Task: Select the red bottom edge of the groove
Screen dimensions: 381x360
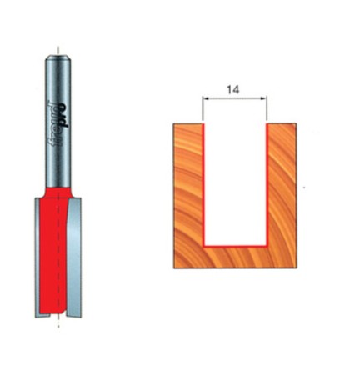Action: [x=234, y=247]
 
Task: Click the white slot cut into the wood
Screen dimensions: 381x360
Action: [x=234, y=183]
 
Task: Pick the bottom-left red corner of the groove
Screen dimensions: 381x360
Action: [x=204, y=247]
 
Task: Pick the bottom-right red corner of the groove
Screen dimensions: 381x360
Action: [x=265, y=247]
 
